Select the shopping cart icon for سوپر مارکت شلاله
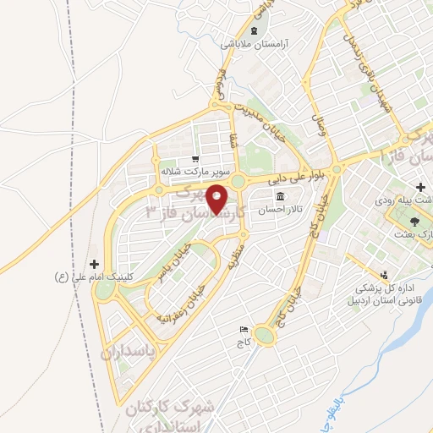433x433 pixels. point(195,158)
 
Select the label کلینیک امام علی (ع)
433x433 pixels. point(90,277)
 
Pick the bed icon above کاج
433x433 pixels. point(244,329)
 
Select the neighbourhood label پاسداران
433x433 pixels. point(129,350)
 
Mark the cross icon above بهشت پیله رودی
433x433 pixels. point(420,186)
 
